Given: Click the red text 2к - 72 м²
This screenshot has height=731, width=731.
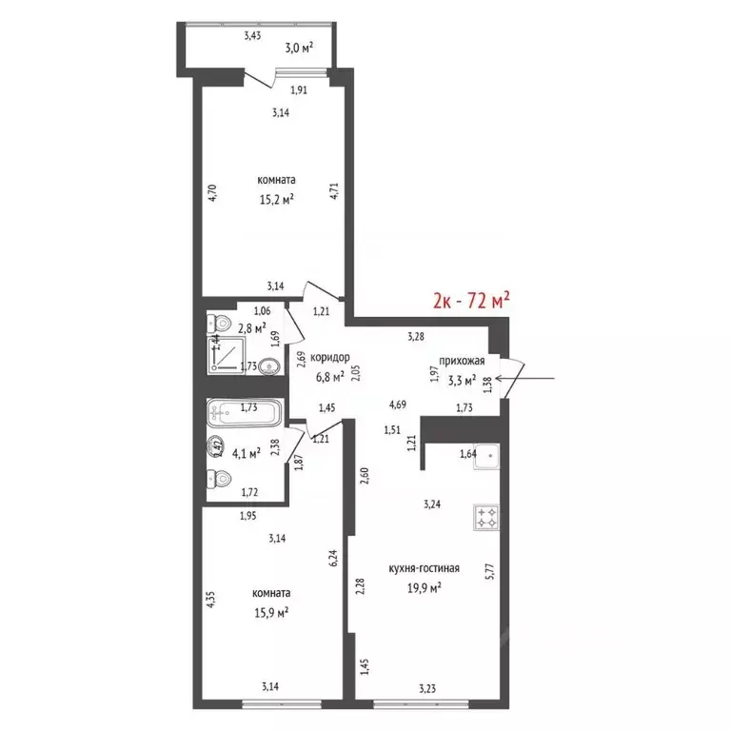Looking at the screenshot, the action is point(471,301).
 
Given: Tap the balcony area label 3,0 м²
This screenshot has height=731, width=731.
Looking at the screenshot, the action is point(299,48).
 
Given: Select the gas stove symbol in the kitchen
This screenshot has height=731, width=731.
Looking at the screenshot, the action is point(486,517).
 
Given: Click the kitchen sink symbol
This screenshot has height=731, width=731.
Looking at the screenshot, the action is point(486,457).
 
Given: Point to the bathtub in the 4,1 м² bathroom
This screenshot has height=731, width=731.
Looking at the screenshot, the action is point(245,412).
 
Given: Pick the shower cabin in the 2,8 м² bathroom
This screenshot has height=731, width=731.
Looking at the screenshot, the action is point(227,354).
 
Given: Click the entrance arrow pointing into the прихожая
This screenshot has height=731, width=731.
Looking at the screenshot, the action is point(525,379).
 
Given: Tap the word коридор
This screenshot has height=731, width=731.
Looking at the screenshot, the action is point(329,358).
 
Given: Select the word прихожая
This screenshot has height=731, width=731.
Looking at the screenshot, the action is point(462,361).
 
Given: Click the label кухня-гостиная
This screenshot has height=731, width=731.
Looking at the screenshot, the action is point(425,568).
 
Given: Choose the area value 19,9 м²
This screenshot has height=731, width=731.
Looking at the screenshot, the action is point(425,588).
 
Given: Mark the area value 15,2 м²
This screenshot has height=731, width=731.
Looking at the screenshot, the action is point(276,200).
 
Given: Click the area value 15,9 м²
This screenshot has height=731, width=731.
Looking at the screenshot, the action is point(271,612).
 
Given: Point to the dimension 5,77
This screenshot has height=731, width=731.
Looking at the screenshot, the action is point(490,571).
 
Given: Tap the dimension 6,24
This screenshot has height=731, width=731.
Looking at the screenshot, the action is point(333,558).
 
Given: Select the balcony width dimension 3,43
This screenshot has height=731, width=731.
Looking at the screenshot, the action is point(252,35).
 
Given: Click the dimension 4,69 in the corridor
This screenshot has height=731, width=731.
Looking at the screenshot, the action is point(398,405).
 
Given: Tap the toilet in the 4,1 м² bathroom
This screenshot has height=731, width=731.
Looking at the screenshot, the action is point(219,479).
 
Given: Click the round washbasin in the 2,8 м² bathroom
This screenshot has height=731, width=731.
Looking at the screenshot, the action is point(269,365).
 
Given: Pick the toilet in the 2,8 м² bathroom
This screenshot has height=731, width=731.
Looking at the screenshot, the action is point(219,322).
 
